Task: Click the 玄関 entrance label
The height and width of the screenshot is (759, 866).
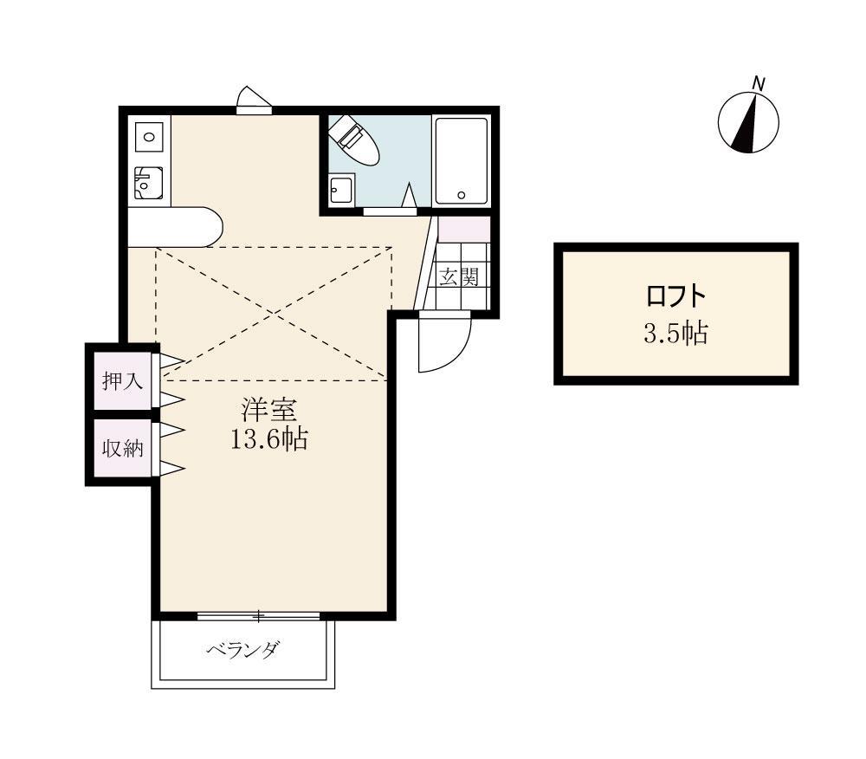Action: tap(458, 277)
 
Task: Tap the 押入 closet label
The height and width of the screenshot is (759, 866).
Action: tap(122, 379)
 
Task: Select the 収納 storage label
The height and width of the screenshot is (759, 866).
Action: tap(122, 449)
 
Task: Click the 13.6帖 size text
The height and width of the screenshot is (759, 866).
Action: tap(268, 439)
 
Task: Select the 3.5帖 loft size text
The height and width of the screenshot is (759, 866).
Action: tap(675, 334)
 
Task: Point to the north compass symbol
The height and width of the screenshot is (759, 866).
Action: tap(748, 122)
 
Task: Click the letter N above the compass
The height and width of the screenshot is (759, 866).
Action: tap(759, 84)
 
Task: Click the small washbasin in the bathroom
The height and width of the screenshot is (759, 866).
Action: tap(341, 189)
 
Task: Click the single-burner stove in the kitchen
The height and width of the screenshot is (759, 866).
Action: tap(149, 136)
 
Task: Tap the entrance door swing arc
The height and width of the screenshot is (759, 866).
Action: tap(443, 345)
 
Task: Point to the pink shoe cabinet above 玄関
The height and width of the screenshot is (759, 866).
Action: tap(464, 229)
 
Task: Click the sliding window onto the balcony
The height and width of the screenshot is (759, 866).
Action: tap(258, 616)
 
